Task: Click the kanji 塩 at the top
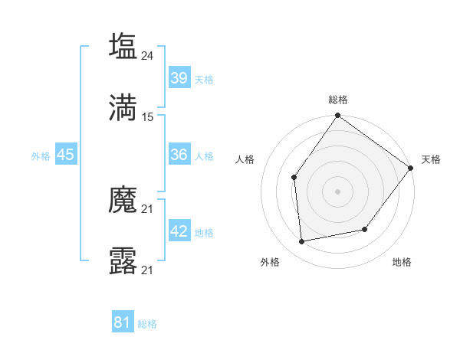(x=123, y=47)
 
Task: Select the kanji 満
(x=123, y=107)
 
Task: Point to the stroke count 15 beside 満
(x=149, y=116)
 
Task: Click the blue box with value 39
(x=179, y=78)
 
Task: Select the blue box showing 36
(x=179, y=155)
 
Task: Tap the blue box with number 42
(x=179, y=231)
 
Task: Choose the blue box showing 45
(x=66, y=155)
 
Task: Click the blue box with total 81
(x=123, y=322)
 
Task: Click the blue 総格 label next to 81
(x=147, y=324)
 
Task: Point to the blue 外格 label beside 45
(x=41, y=156)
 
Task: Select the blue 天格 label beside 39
(x=204, y=80)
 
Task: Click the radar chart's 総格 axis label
(x=338, y=100)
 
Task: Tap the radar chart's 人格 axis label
(x=245, y=159)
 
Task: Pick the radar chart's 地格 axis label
(x=402, y=262)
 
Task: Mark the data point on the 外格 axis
(x=302, y=242)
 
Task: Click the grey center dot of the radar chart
(x=338, y=191)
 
